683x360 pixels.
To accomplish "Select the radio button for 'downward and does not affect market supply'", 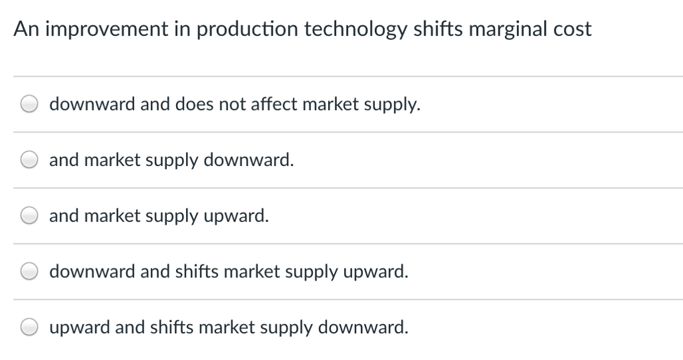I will [x=29, y=105].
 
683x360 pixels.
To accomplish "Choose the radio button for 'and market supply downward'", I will [x=29, y=160].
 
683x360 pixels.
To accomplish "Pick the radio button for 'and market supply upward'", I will [x=29, y=216].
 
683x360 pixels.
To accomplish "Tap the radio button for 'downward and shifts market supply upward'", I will [x=29, y=271].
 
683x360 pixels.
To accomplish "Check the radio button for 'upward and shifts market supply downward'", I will [x=29, y=327].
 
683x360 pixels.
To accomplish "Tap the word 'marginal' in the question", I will [x=508, y=29].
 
